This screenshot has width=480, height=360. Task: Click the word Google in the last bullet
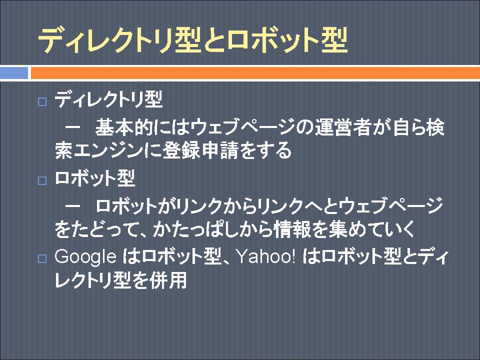(85, 256)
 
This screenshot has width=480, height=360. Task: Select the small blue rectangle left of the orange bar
(14, 73)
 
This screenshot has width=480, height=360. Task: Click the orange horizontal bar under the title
(255, 73)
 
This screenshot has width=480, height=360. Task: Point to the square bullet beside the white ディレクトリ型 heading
(42, 101)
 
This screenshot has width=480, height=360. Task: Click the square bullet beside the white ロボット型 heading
(42, 180)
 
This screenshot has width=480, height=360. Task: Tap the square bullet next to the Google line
(42, 258)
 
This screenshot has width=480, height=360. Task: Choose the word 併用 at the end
(168, 279)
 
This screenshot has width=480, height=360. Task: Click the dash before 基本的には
(73, 127)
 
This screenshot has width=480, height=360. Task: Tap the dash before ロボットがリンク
(73, 205)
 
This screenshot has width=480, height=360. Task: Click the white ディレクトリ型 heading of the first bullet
(108, 99)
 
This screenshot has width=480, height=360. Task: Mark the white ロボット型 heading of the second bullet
(95, 177)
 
